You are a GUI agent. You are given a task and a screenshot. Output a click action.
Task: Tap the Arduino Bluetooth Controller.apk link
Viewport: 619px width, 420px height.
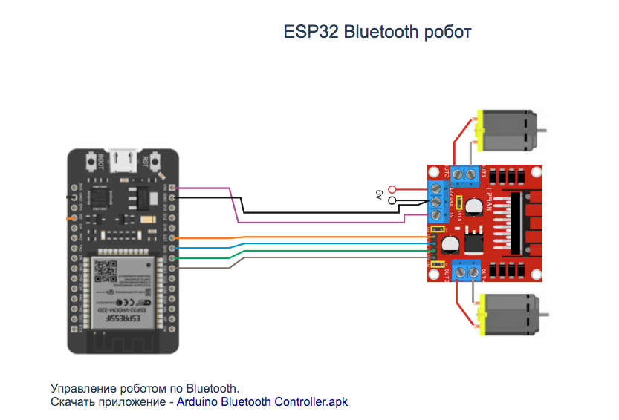coord(262,402)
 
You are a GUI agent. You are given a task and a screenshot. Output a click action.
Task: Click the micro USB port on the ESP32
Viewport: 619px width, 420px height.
coord(124,159)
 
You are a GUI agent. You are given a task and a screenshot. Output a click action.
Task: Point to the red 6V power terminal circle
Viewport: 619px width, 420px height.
coord(392,189)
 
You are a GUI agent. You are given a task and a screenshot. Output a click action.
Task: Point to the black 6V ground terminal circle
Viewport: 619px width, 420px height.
coord(392,200)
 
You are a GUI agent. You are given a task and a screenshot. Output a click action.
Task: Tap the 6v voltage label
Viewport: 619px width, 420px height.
coord(378,195)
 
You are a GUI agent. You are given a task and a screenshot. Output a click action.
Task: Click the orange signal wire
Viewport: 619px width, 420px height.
coord(297,238)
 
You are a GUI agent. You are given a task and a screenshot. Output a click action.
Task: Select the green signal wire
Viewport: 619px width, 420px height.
coord(297,252)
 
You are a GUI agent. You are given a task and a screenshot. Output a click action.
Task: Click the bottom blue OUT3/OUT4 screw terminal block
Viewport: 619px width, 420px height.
coord(464,272)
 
